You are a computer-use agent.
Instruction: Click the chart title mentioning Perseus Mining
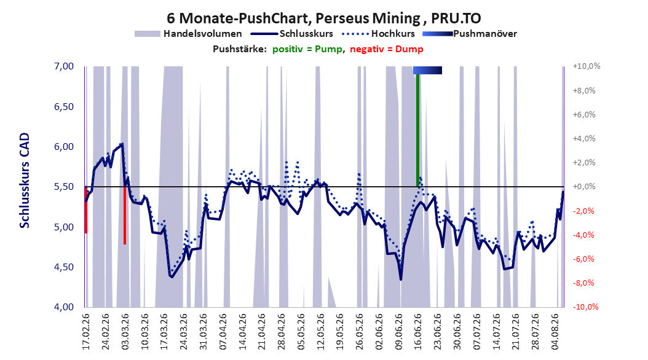[x=323, y=18]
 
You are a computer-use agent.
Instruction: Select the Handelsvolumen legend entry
[x=189, y=34]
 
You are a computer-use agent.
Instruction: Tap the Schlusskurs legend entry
[x=292, y=34]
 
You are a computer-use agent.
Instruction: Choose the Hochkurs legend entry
[x=377, y=34]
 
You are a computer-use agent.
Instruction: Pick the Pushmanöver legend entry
[x=470, y=34]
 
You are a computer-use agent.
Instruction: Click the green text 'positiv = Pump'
[x=307, y=49]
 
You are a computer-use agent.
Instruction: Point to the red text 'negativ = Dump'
[x=387, y=49]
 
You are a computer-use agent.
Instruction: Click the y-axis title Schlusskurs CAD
[x=25, y=181]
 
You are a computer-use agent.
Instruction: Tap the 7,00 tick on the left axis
[x=64, y=66]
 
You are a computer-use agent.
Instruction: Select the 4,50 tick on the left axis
[x=64, y=267]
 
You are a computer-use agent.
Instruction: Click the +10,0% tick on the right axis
[x=587, y=66]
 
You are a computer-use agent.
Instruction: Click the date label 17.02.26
[x=86, y=332]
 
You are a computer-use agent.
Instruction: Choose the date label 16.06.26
[x=418, y=332]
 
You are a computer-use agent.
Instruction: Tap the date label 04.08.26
[x=555, y=332]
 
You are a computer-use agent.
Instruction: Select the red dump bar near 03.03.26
[x=125, y=216]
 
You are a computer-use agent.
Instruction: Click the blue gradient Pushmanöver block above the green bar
[x=428, y=70]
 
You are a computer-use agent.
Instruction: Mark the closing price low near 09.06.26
[x=401, y=280]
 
